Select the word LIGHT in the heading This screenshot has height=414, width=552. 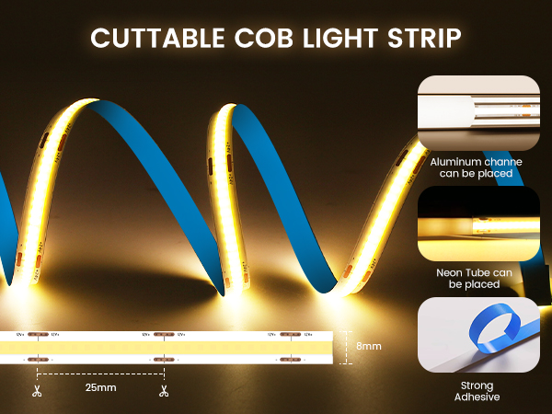click(341, 38)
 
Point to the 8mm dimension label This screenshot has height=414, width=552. click(368, 346)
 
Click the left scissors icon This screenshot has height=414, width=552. click(36, 391)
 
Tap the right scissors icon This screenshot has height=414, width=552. click(162, 391)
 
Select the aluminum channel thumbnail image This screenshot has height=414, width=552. click(477, 112)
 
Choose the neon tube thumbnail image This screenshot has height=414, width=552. click(477, 224)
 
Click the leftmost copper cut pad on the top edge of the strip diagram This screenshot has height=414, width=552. click(37, 334)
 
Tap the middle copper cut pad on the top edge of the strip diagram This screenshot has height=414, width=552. click(161, 334)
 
